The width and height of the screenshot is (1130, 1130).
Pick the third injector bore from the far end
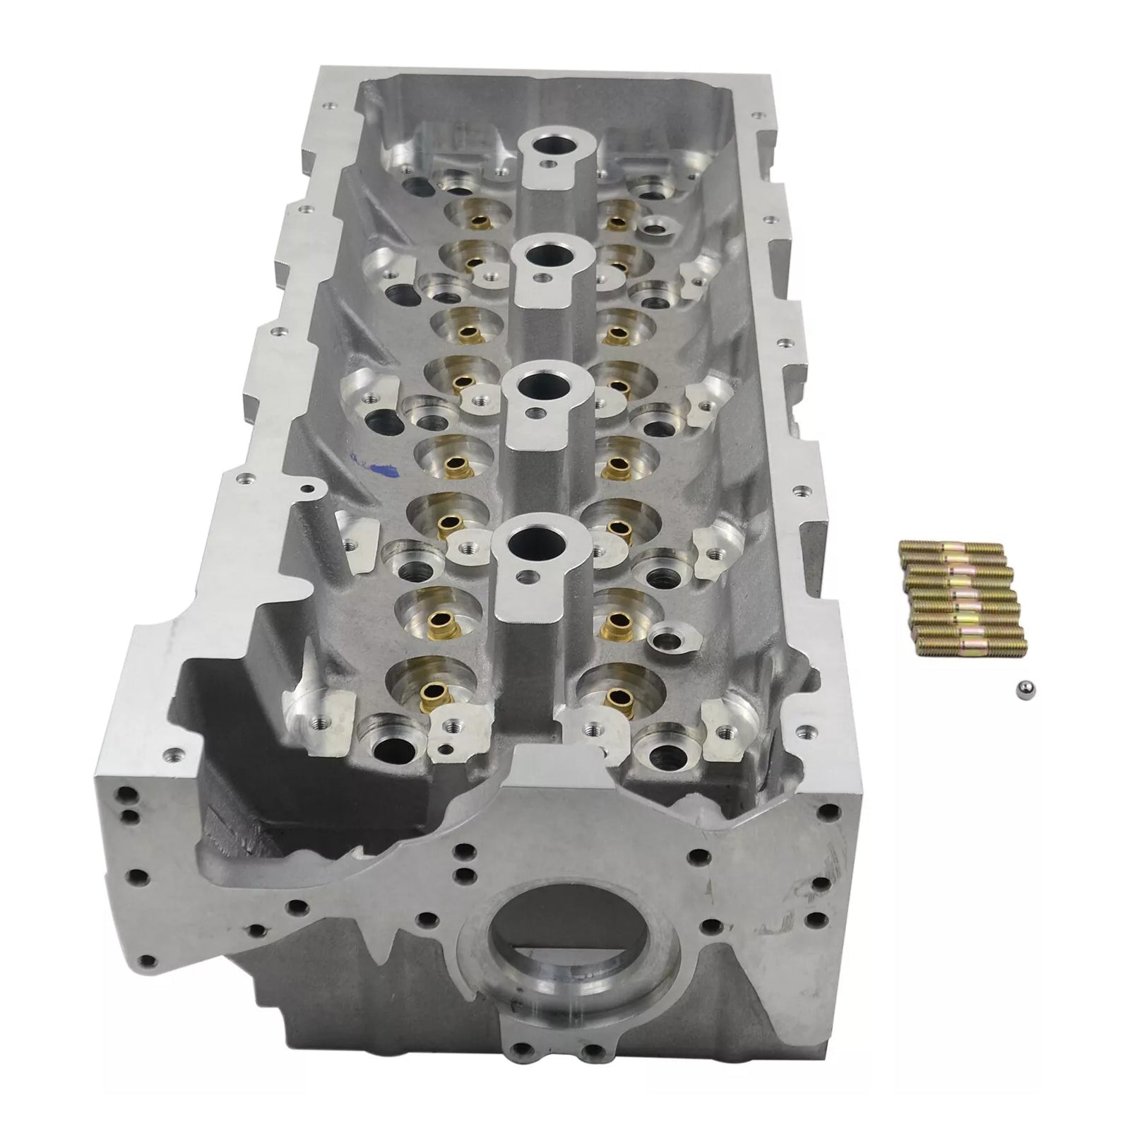[536, 385]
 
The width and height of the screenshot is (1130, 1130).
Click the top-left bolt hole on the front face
[128, 792]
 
